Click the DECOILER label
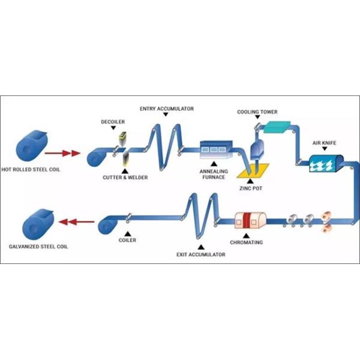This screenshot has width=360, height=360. pos(113,122)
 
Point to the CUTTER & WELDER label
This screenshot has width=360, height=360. pos(125,177)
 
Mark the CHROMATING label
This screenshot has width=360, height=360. pos(247,244)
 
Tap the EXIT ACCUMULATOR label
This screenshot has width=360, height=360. pos(201,255)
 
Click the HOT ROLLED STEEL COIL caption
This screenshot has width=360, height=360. pos(35,169)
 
